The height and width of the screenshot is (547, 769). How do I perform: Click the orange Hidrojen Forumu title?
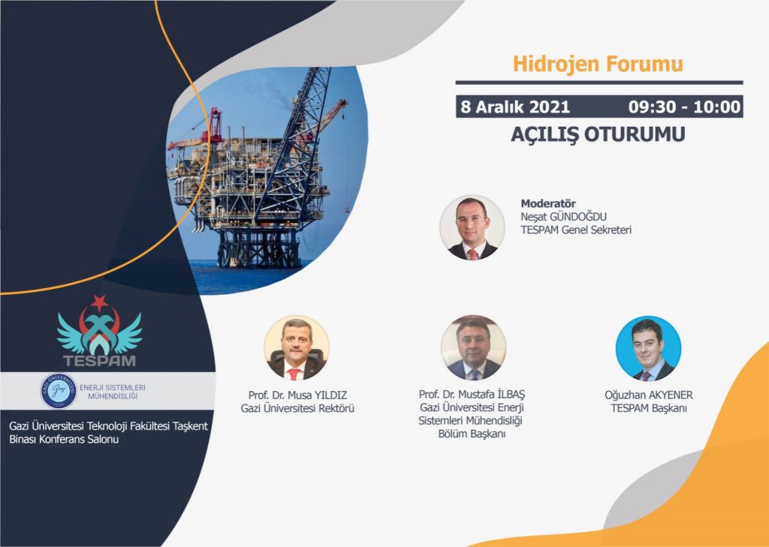(x=598, y=65)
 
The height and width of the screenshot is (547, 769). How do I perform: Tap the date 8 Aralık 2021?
(x=515, y=107)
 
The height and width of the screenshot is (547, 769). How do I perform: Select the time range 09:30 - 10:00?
(x=685, y=107)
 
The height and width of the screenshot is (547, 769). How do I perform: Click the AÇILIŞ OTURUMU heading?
(x=598, y=134)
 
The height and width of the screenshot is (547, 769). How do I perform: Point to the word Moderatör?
(x=547, y=203)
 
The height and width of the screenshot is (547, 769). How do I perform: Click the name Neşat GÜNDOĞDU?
(x=563, y=217)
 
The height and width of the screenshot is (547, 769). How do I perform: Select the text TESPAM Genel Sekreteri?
(x=576, y=230)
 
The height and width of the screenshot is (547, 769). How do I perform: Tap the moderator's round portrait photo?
(x=472, y=227)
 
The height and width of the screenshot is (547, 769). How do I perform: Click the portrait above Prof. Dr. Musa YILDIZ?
(x=297, y=347)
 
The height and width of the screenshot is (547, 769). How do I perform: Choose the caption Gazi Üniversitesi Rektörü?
(x=297, y=408)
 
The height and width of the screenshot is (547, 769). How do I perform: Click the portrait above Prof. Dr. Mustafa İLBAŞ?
(x=473, y=347)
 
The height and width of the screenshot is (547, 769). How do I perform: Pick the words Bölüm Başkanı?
(x=472, y=434)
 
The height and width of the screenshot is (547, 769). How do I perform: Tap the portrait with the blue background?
(x=648, y=348)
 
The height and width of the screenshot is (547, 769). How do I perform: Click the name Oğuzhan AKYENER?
(x=648, y=395)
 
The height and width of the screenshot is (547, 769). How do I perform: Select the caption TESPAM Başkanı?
(x=648, y=408)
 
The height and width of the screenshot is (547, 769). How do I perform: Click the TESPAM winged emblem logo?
(x=100, y=331)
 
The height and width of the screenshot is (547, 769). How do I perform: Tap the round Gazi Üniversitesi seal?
(x=59, y=391)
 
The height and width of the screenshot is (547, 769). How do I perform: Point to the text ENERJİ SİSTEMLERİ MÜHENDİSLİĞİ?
(x=113, y=392)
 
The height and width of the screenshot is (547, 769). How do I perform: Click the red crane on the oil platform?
(x=215, y=127)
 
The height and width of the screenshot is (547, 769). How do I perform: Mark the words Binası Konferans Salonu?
(x=64, y=440)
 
